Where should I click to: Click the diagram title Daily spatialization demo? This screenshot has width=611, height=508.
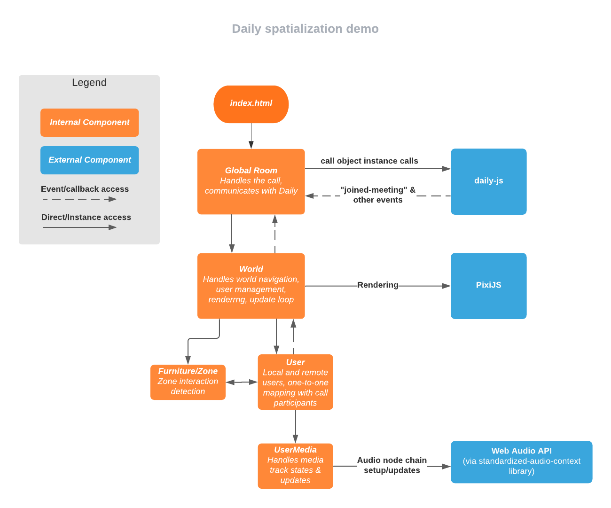305,29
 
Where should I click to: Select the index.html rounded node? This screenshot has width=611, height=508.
251,104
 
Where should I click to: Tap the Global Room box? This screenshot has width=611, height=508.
251,181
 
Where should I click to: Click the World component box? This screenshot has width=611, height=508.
251,286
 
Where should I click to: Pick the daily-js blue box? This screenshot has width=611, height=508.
488,181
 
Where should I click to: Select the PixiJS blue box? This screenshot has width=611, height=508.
488,286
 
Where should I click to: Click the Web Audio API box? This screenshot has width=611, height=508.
521,461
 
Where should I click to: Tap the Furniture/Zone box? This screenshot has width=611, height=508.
188,382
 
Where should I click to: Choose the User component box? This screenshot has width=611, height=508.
295,382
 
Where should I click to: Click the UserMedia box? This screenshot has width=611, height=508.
295,466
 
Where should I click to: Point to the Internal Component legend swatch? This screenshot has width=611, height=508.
89,123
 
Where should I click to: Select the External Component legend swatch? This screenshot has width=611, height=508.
89,160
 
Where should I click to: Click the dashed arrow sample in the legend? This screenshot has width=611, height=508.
79,199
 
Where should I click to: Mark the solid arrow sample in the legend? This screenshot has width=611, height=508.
79,227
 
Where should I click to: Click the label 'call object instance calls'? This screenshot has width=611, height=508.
369,161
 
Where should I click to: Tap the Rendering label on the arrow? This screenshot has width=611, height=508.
377,285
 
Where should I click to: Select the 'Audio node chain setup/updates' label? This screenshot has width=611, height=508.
392,465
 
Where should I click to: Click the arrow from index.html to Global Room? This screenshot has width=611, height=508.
251,136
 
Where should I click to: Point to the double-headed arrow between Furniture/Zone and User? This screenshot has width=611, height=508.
242,382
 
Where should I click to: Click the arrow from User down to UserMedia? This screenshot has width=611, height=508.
295,426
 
